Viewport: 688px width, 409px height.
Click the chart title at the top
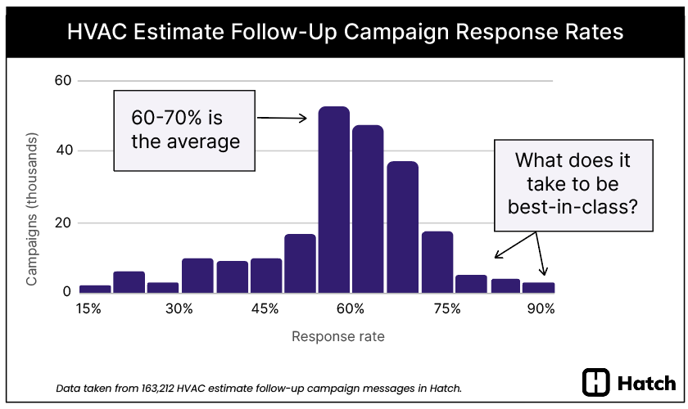[344, 32]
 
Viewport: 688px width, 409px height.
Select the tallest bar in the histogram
[333, 200]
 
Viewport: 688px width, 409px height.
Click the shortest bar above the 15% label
[95, 288]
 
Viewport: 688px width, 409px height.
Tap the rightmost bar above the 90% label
[539, 287]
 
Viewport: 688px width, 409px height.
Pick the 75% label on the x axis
[446, 309]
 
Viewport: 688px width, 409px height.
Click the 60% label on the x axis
[350, 309]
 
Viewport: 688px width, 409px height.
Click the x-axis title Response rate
[337, 336]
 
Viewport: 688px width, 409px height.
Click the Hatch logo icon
[595, 382]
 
